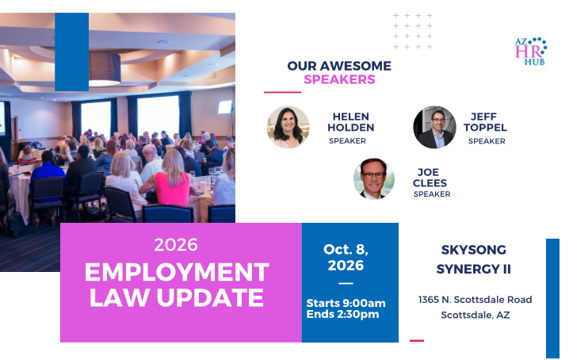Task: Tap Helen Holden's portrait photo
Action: pos(288,127)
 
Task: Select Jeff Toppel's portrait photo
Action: pos(434,127)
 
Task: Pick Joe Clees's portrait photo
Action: pos(374,178)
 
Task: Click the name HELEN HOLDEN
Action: pos(351,122)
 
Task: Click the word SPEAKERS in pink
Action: pos(339,79)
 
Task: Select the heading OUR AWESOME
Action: pos(339,66)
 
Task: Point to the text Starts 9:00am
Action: pos(346,303)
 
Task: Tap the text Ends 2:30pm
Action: pos(342,314)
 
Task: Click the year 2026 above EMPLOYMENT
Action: pos(176,244)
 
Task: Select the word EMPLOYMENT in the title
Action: pos(177,271)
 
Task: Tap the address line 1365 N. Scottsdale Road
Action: pos(476,300)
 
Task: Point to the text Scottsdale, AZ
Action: pos(476,315)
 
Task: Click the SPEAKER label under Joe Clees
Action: pos(432,194)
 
